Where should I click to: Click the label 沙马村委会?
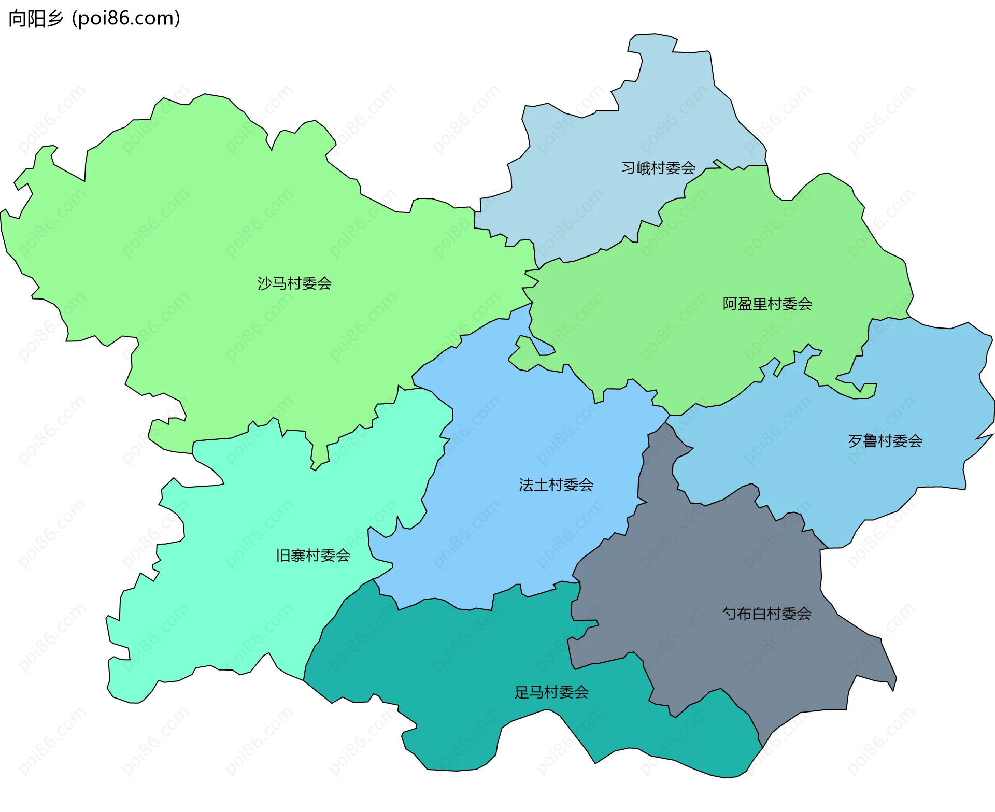(294, 283)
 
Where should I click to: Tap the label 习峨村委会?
(658, 168)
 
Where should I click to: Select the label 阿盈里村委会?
(767, 304)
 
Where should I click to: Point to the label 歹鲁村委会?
(885, 441)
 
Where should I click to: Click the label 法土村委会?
(556, 485)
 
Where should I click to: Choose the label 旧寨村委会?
(313, 555)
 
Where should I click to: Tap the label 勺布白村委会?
(766, 614)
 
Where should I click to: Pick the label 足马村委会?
(551, 692)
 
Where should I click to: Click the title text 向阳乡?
(36, 18)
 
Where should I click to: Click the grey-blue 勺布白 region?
(726, 570)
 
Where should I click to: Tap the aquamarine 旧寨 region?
(233, 596)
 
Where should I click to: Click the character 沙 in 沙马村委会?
(265, 283)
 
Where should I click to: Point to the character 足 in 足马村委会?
(521, 692)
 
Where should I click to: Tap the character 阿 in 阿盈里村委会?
(730, 304)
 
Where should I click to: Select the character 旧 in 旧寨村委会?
(283, 555)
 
